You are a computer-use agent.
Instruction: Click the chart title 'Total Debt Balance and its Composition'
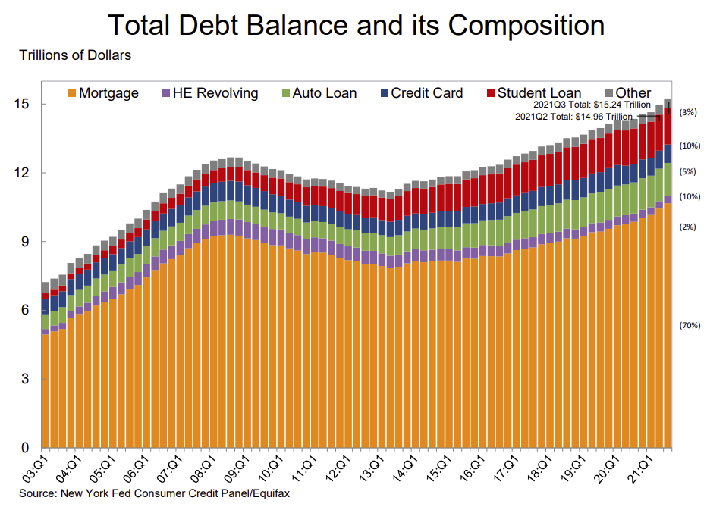356,25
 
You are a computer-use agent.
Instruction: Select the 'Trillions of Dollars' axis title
66,55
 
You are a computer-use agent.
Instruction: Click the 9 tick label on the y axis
26,242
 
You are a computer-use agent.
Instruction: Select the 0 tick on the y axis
26,448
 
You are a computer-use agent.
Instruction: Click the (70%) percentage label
690,325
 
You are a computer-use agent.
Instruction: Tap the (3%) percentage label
689,112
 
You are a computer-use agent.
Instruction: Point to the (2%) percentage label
689,227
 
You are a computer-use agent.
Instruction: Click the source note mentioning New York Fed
154,493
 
